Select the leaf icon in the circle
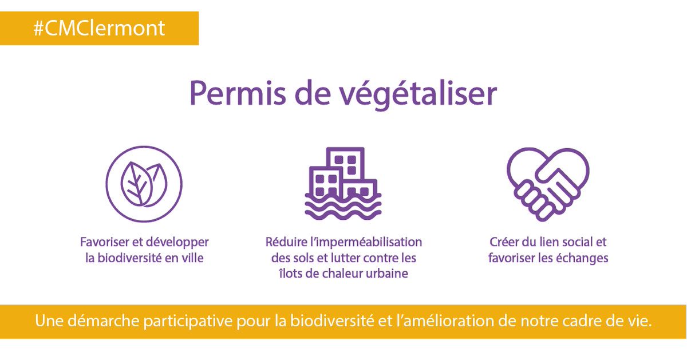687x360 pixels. coord(144,184)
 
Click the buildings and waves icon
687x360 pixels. coord(343,184)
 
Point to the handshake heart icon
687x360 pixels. coord(548,184)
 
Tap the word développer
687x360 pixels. coord(177,243)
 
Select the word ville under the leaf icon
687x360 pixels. coord(191,258)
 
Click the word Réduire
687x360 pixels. coord(286,242)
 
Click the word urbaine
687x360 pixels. coord(387,274)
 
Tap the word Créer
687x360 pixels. coord(504,242)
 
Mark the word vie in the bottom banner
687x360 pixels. coord(640,321)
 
